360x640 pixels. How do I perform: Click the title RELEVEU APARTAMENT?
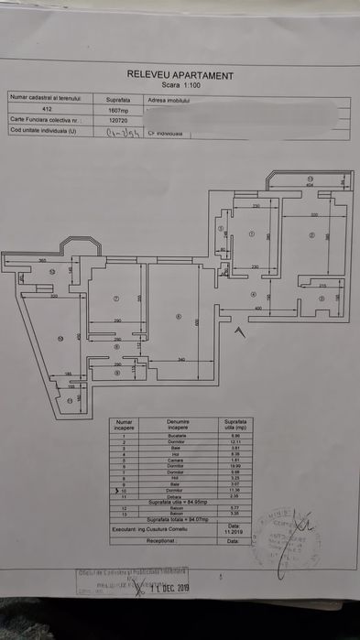pos(180,76)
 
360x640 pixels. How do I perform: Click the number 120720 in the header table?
pos(118,120)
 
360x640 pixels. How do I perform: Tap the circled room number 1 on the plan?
pos(249,233)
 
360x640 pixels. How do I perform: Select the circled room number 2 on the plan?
pos(311,236)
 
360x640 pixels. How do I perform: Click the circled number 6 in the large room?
pos(180,316)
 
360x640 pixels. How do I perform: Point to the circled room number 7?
pos(116,298)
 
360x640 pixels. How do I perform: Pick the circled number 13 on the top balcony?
pos(310,179)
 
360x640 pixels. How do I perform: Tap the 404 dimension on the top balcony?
pos(310,186)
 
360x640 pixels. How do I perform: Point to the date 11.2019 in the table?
pos(233,529)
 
